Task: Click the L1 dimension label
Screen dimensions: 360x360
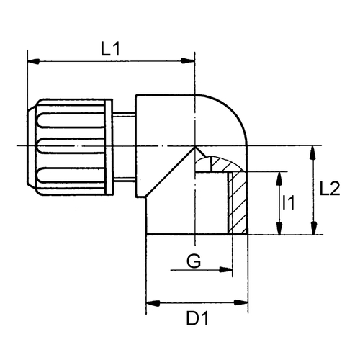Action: pyautogui.click(x=110, y=50)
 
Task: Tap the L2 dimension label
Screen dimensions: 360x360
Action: pyautogui.click(x=330, y=189)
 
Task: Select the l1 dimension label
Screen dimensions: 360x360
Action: pyautogui.click(x=288, y=202)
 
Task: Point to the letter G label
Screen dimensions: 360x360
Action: pyautogui.click(x=194, y=261)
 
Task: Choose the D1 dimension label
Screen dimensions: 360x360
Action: pyautogui.click(x=198, y=318)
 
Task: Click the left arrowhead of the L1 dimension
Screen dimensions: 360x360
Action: pyautogui.click(x=34, y=61)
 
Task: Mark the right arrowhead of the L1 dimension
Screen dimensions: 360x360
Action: pyautogui.click(x=188, y=61)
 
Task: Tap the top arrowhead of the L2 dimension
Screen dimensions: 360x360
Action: pyautogui.click(x=314, y=152)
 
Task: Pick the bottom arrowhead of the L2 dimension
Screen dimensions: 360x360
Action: pyautogui.click(x=314, y=228)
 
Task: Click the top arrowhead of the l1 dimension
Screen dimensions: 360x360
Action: pyautogui.click(x=279, y=179)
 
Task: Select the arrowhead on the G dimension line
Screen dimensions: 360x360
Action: pyautogui.click(x=226, y=270)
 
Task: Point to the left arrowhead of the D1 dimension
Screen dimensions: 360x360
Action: pyautogui.click(x=153, y=303)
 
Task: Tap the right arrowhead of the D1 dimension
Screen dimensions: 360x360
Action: pyautogui.click(x=241, y=303)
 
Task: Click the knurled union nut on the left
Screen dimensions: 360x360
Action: pyautogui.click(x=70, y=147)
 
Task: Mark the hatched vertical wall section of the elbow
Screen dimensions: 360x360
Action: pyautogui.click(x=238, y=203)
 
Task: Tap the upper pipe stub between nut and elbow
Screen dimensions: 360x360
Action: pyautogui.click(x=124, y=114)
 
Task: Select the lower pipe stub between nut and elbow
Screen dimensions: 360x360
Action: pyautogui.click(x=124, y=179)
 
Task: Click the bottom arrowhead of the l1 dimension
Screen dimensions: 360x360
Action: pyautogui.click(x=279, y=228)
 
